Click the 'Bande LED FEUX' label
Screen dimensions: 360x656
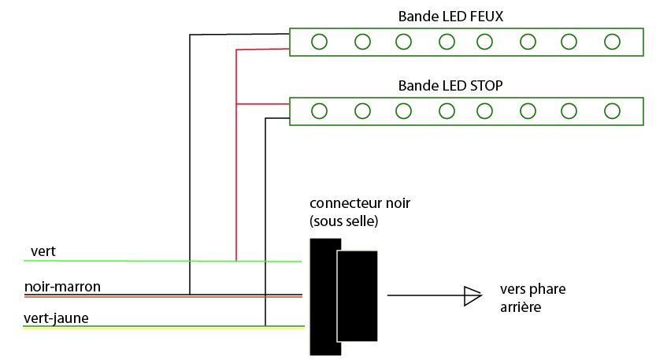(x=450, y=16)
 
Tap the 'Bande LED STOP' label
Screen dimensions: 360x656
(x=450, y=85)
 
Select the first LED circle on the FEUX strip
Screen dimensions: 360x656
(x=320, y=42)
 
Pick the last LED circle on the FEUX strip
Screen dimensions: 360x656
(x=612, y=42)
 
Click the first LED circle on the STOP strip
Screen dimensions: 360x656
(x=320, y=111)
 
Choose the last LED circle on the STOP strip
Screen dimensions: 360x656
(x=612, y=111)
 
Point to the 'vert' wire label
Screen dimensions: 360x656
(x=43, y=251)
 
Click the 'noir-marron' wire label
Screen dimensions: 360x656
(x=62, y=287)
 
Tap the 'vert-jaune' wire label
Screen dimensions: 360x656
(x=56, y=318)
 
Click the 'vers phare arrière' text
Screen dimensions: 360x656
(x=532, y=297)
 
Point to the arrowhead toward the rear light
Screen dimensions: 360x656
(x=472, y=295)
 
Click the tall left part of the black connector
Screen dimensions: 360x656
(x=323, y=295)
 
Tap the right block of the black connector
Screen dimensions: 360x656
(x=358, y=295)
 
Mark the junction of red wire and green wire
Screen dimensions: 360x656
(x=236, y=261)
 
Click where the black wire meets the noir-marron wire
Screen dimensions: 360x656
(x=190, y=295)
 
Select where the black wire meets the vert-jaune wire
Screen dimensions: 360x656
(x=265, y=325)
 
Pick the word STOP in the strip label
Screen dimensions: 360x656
(x=486, y=85)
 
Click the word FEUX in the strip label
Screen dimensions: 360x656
(x=486, y=16)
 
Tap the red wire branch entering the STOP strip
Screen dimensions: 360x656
(x=264, y=104)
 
